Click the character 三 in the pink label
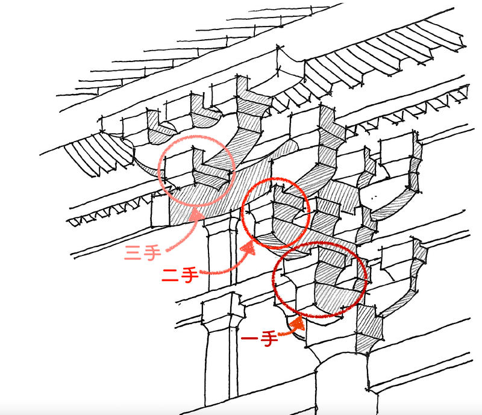pyautogui.click(x=134, y=254)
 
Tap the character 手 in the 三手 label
pyautogui.click(x=153, y=253)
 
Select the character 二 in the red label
pyautogui.click(x=170, y=275)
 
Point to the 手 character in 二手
pyautogui.click(x=189, y=275)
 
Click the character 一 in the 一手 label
pyautogui.click(x=250, y=338)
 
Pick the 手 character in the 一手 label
pyautogui.click(x=269, y=339)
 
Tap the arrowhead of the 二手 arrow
pyautogui.click(x=249, y=247)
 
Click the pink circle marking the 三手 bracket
pyautogui.click(x=158, y=170)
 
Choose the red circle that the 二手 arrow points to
pyautogui.click(x=242, y=212)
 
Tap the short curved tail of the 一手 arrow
pyautogui.click(x=285, y=332)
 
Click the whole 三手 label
pyautogui.click(x=143, y=254)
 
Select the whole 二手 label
pyautogui.click(x=180, y=275)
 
